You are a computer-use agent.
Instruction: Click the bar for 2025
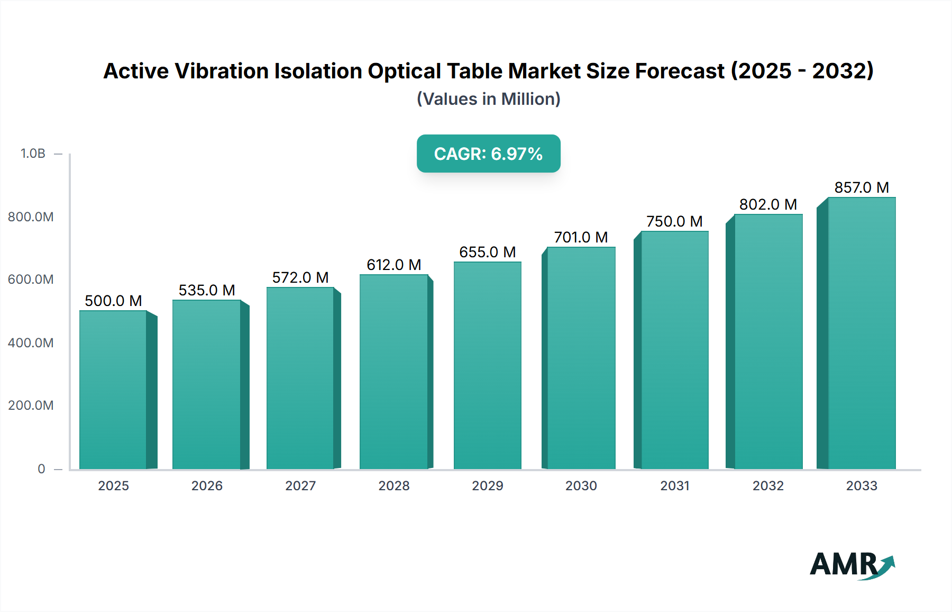[113, 389]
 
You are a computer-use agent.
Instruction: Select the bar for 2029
[487, 365]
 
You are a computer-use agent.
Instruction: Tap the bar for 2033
[862, 334]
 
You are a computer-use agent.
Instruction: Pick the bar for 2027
[300, 378]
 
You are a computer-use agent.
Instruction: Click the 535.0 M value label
[207, 290]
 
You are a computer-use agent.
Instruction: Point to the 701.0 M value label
[581, 237]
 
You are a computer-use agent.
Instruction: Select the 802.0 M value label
[768, 204]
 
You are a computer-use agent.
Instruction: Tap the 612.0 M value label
[394, 265]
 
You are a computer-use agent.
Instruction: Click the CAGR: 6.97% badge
[488, 154]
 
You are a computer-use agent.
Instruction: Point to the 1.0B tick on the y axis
[33, 154]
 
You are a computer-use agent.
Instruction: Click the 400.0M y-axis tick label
[31, 343]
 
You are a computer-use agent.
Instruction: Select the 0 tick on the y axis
[41, 469]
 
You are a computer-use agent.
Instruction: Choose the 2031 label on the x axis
[675, 485]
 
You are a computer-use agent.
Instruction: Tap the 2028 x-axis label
[394, 485]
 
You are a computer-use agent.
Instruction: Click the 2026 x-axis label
[207, 485]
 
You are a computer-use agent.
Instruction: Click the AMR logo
[852, 565]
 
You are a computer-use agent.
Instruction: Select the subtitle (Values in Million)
[488, 99]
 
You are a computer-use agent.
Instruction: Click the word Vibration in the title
[222, 71]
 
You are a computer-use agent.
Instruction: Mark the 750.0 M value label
[674, 221]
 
